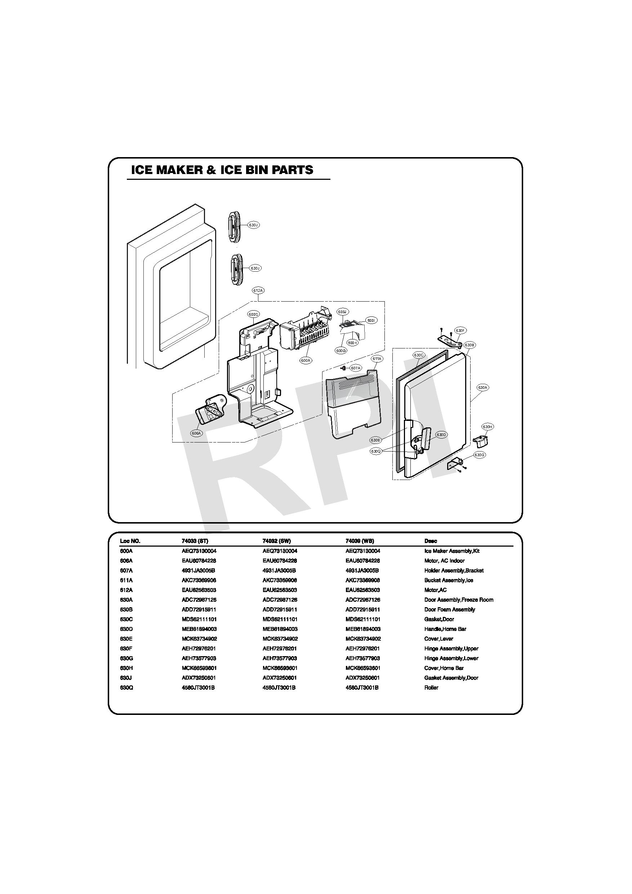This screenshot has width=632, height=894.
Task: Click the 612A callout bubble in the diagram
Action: [x=258, y=290]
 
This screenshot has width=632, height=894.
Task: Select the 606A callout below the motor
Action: [x=196, y=433]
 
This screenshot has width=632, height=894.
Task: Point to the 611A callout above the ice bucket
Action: [x=377, y=358]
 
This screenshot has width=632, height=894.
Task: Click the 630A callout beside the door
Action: [x=482, y=387]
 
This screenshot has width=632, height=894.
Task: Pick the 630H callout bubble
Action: [x=488, y=427]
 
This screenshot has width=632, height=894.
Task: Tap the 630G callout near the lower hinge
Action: [x=479, y=455]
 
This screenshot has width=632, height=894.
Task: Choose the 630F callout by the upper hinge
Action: [x=460, y=330]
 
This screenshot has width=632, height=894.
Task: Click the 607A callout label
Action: [x=356, y=368]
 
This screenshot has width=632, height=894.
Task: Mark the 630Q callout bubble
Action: [x=375, y=451]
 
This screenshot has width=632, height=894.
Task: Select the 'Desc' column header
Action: [x=431, y=541]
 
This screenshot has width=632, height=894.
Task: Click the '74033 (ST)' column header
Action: [x=195, y=541]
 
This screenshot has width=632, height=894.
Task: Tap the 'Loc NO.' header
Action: [x=130, y=541]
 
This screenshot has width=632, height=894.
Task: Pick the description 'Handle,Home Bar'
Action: [x=445, y=629]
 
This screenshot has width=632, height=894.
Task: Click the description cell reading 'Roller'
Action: [x=431, y=688]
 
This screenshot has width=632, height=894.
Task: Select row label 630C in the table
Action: [x=126, y=619]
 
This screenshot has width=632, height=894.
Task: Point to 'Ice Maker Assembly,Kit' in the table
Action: [x=452, y=551]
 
